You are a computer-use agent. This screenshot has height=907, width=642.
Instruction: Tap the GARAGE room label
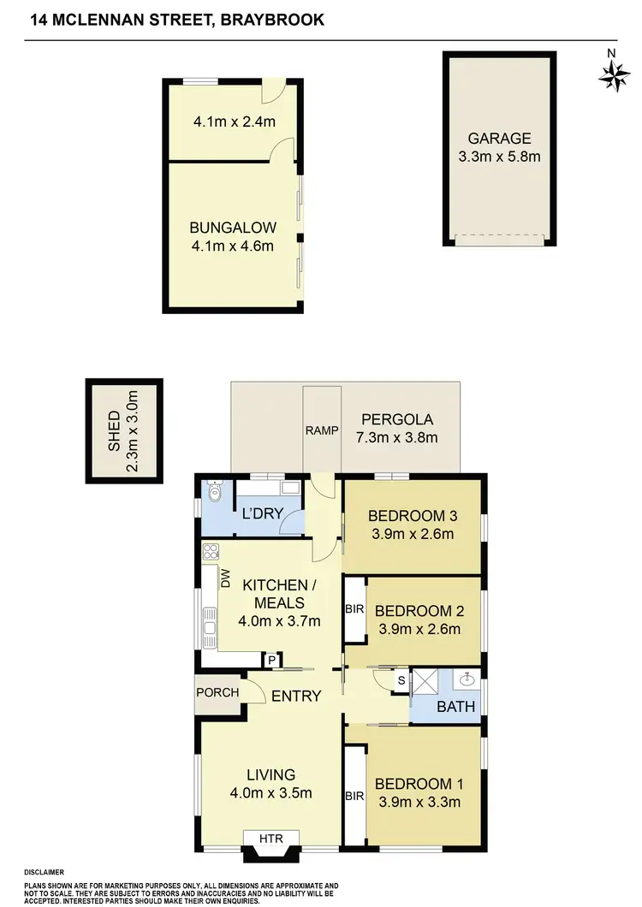pos(499,139)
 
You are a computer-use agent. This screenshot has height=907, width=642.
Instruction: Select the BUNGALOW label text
pos(233,228)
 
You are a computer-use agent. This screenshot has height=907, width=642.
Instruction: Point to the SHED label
pos(115,432)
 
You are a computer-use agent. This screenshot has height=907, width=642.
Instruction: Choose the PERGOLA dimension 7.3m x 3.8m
pos(396,438)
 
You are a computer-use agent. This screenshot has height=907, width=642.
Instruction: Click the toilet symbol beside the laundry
pos(214,492)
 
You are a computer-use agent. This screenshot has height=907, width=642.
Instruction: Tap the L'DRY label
pos(257,516)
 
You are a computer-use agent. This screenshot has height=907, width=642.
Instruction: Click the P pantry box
pos(272,660)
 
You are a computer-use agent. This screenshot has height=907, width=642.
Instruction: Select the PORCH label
pos(217,692)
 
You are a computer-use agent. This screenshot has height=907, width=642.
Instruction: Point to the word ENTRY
pos(296,697)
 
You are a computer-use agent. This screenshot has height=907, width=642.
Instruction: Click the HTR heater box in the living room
pos(271,838)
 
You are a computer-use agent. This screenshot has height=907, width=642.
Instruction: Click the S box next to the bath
pos(400,680)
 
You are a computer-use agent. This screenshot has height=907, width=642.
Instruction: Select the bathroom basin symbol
pos(467,681)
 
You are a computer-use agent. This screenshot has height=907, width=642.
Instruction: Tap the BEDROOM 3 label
pos(410,516)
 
